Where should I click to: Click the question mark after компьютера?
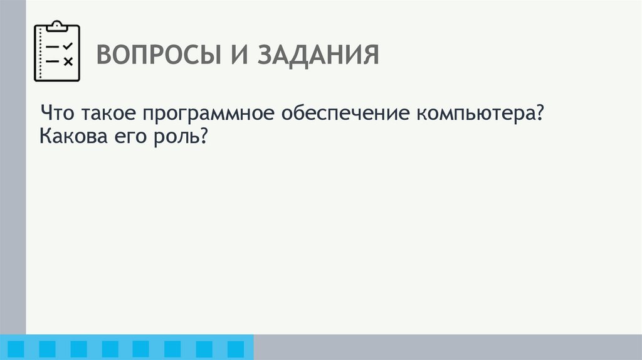tap(537, 114)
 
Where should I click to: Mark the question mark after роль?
tap(203, 136)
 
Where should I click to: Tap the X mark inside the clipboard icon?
tap(69, 61)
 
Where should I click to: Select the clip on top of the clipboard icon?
tap(57, 26)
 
